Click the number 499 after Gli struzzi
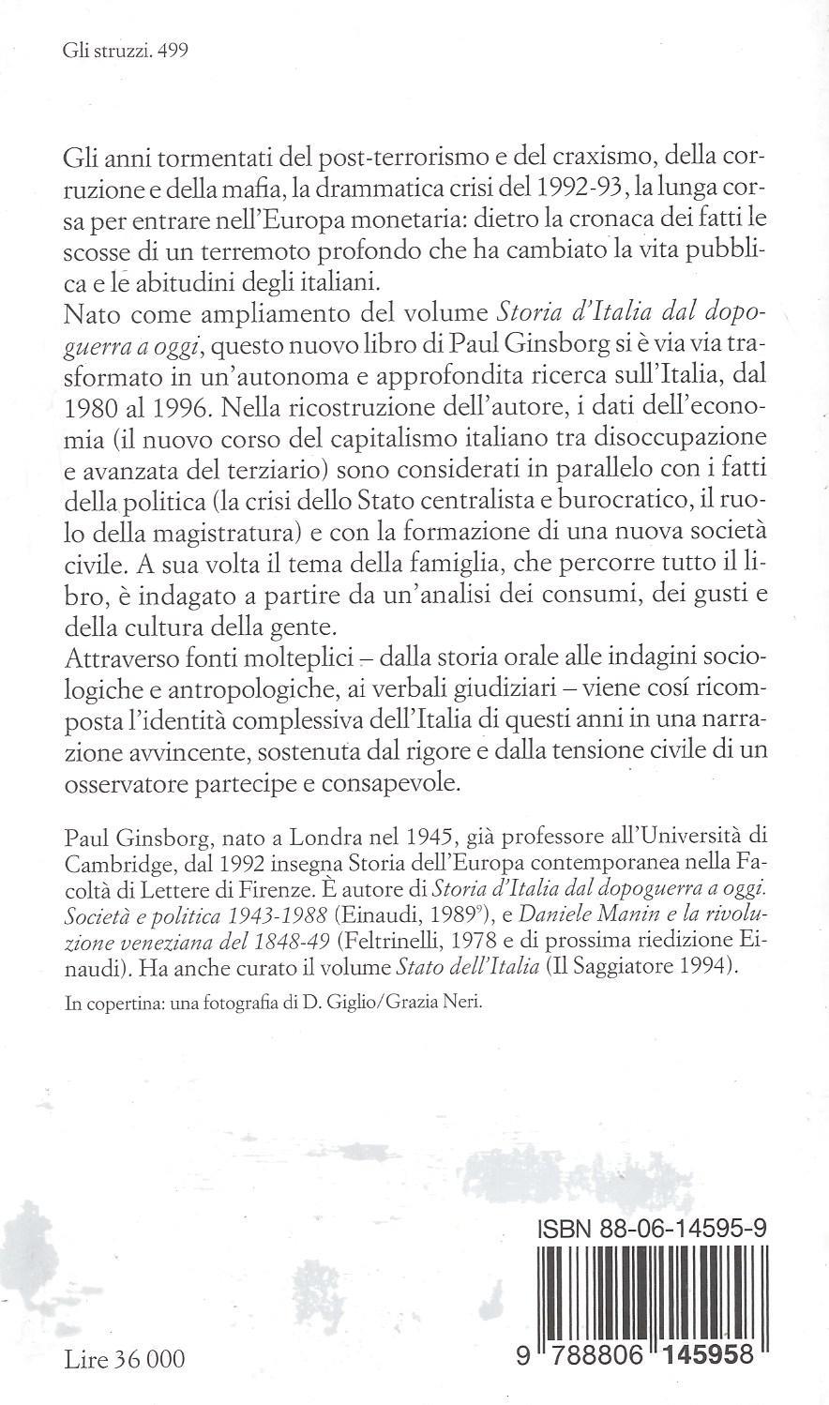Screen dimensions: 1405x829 tap(173, 52)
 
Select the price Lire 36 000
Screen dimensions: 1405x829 tap(125, 1358)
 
